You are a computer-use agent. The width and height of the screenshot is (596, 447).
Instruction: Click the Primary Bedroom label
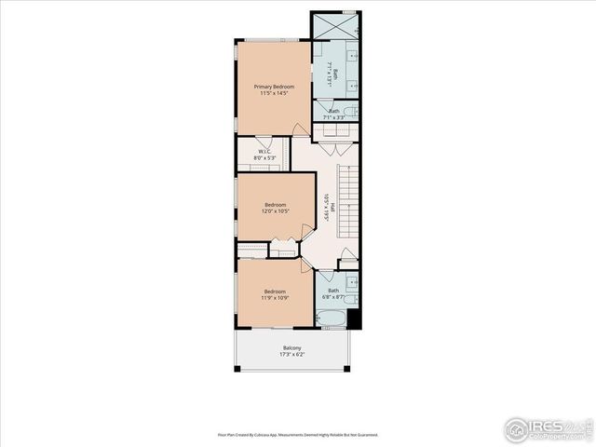point(273,86)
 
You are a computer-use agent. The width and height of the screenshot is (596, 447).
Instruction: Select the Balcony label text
point(293,348)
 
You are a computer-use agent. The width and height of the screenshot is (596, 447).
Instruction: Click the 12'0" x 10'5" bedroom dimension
point(275,211)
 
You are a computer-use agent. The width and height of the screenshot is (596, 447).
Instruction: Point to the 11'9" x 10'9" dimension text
point(274,298)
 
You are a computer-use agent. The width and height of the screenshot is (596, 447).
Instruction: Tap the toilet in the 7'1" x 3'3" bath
point(351,113)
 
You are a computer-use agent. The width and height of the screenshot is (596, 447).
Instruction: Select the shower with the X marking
point(335,26)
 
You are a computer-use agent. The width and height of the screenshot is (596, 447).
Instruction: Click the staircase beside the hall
point(347,201)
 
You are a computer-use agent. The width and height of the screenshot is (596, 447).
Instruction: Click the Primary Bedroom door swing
point(301,129)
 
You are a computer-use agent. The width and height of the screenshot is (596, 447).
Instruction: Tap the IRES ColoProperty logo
point(549,429)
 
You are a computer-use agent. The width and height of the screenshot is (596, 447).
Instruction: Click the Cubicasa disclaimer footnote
point(298,434)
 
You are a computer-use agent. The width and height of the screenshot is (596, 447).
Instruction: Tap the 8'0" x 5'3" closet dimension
point(264,158)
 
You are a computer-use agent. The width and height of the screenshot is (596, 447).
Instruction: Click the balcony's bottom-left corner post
point(237,369)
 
